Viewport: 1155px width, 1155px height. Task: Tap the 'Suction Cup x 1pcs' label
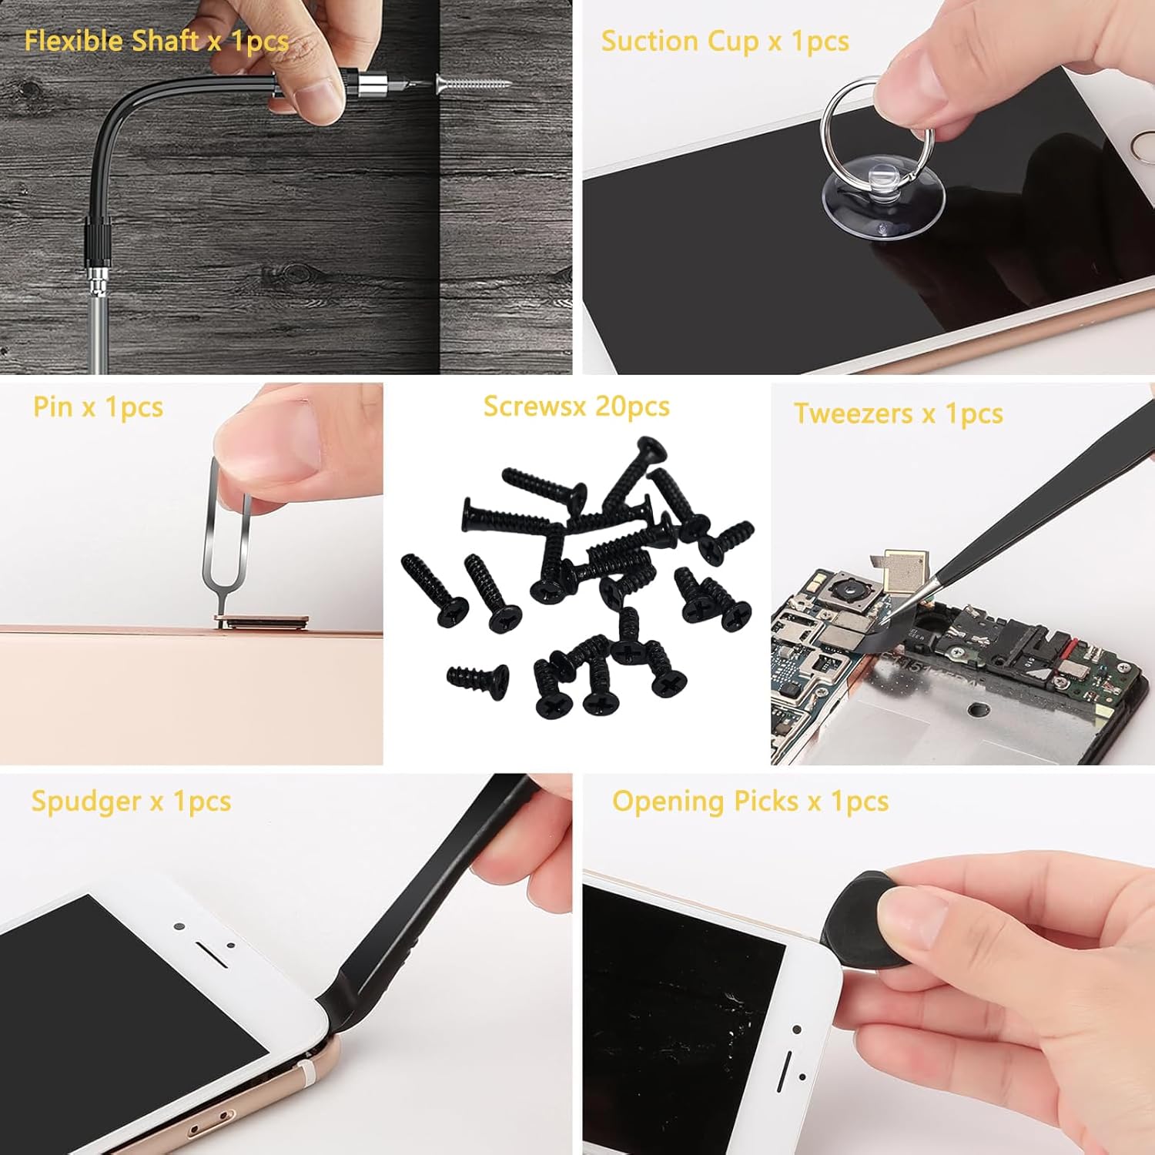tap(725, 41)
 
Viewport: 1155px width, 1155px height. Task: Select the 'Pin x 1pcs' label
tap(98, 407)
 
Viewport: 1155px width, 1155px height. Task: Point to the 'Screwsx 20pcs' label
tap(576, 406)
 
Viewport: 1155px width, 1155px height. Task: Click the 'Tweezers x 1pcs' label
tap(898, 413)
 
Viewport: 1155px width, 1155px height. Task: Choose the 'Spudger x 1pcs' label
tap(131, 801)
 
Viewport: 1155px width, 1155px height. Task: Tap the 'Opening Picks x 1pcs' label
tap(750, 801)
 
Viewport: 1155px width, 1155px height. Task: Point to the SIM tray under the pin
tap(261, 621)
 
